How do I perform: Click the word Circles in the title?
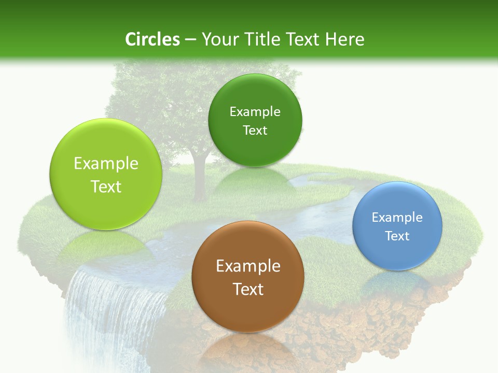pos(152,39)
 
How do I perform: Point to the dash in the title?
pos(190,40)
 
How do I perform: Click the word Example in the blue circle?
pos(397,218)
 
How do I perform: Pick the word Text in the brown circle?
pos(248,289)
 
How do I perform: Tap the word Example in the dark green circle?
pos(255,112)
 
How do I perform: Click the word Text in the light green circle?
pos(106,187)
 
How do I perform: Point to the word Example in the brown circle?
pos(248,266)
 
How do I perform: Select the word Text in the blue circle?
pos(397,236)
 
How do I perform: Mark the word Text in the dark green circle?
pos(255,131)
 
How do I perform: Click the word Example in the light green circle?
pos(106,164)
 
